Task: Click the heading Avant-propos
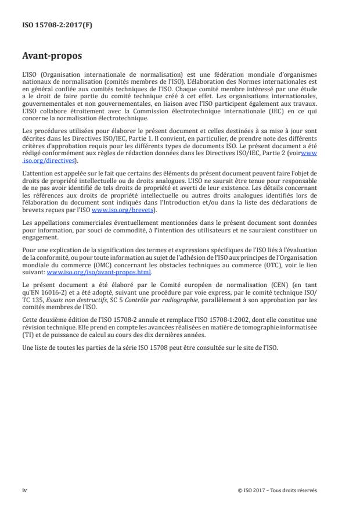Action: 53,56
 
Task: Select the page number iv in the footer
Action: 24,490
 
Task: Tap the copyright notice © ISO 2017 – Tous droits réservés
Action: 278,490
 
